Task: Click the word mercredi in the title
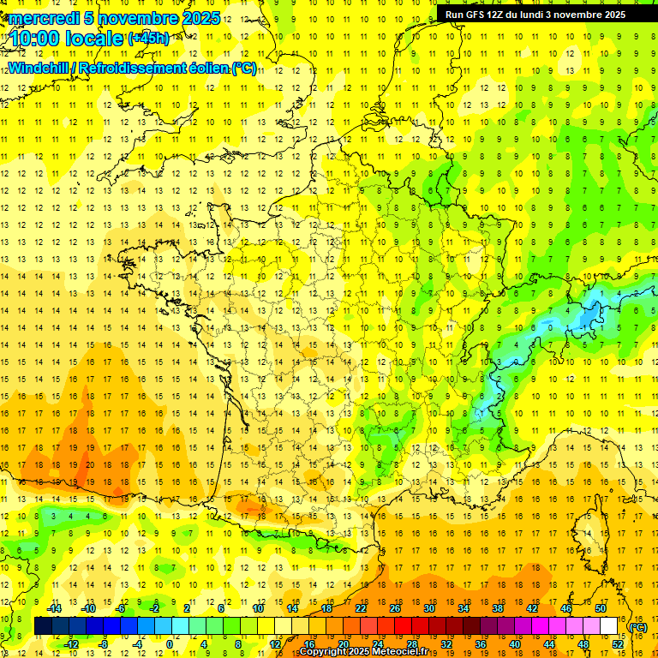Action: pos(44,18)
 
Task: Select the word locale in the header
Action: pos(98,39)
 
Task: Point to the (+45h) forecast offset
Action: pos(148,39)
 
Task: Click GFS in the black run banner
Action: pos(478,15)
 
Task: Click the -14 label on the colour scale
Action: pos(55,607)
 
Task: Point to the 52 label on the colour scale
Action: pos(617,644)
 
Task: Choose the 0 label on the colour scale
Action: pos(170,644)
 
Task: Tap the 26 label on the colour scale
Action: pos(394,607)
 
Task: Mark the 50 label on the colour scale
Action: pos(601,607)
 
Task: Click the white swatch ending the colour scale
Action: pos(609,626)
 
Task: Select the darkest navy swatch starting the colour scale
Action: pos(43,626)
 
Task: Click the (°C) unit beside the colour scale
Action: pos(637,627)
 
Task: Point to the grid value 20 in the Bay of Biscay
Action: pos(89,464)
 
